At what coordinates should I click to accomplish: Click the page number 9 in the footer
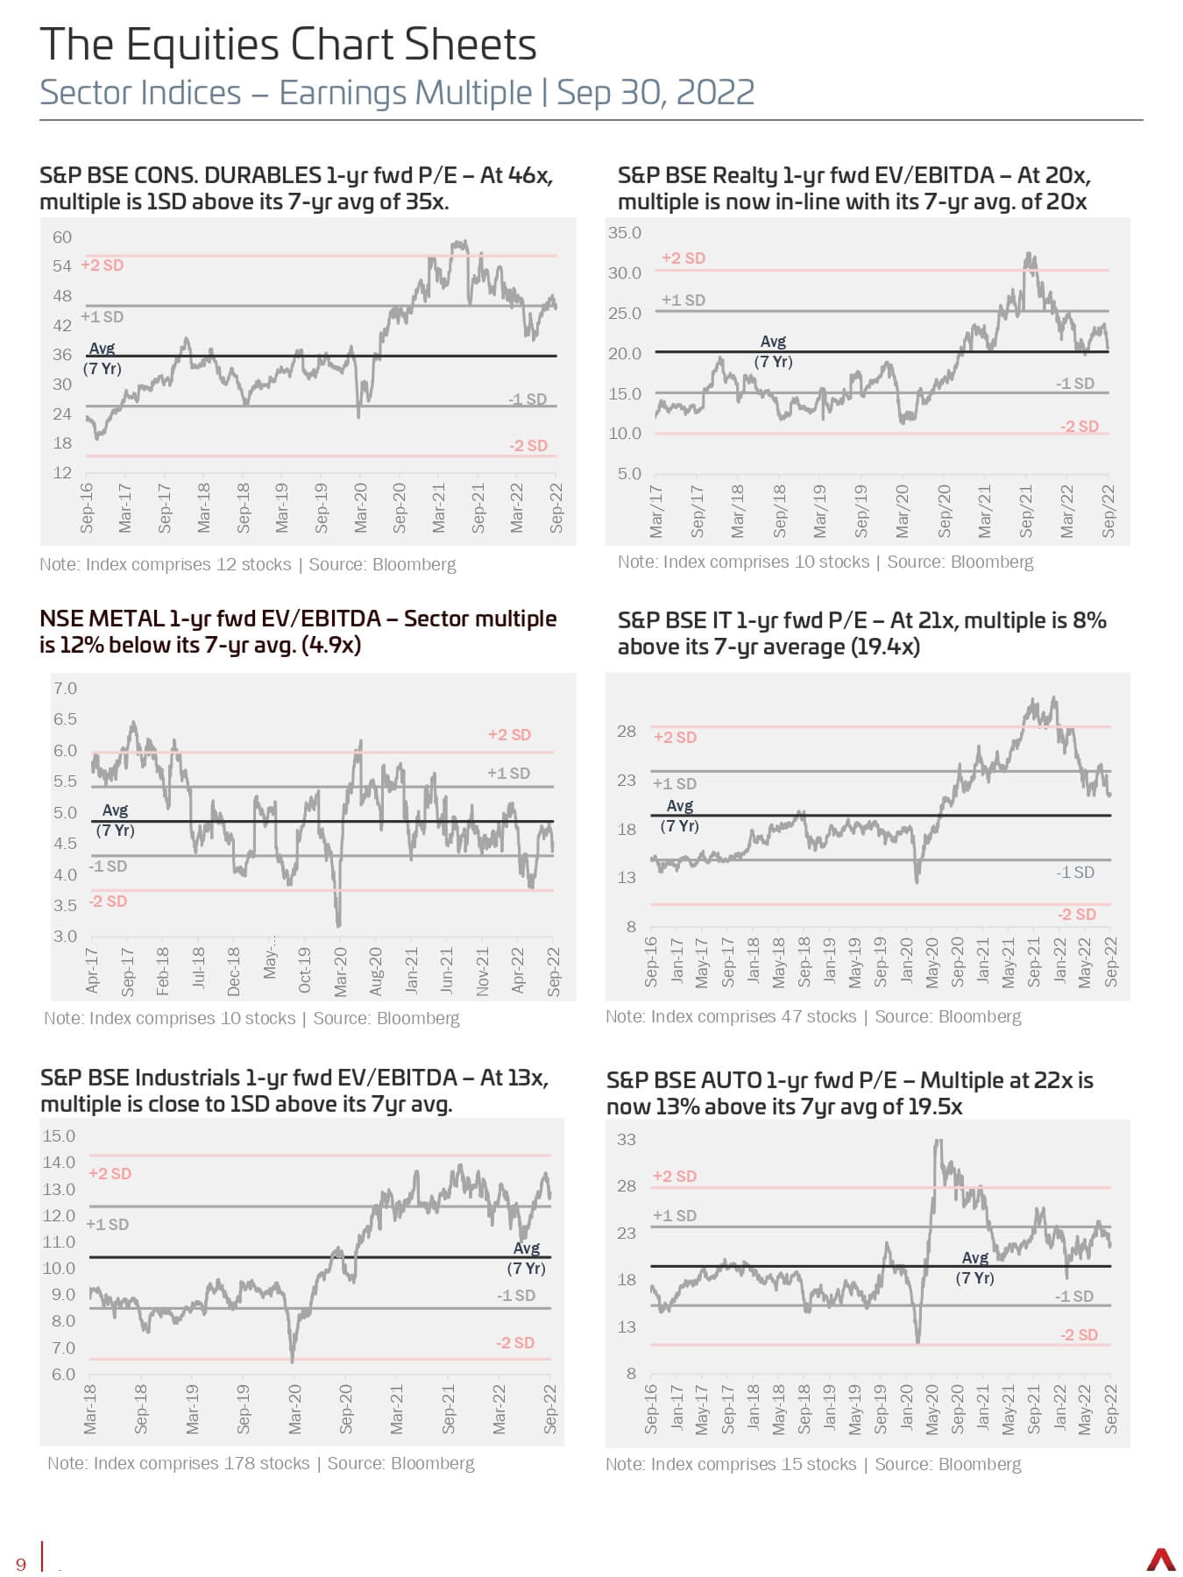(x=21, y=1564)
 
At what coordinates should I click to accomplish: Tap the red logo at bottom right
(x=1161, y=1559)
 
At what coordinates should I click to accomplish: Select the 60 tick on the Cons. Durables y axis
(x=62, y=237)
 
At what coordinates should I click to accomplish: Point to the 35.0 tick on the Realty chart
(x=625, y=232)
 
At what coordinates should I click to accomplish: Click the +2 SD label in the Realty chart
(x=684, y=258)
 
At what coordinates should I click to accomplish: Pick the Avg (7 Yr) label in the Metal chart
(x=115, y=820)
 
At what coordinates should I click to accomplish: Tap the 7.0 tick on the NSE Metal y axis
(x=66, y=688)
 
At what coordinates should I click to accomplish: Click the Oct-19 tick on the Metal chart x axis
(x=305, y=970)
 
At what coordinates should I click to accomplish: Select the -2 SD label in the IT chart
(x=1077, y=914)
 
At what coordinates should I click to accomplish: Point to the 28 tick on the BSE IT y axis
(x=626, y=731)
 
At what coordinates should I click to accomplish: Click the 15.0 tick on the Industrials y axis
(x=59, y=1135)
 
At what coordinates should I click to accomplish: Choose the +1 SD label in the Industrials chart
(x=107, y=1224)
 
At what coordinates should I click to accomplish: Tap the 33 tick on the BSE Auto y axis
(x=627, y=1139)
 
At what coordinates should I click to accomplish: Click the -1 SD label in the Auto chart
(x=1074, y=1296)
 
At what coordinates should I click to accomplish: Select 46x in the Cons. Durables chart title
(x=530, y=175)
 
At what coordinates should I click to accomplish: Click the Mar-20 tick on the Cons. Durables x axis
(x=360, y=507)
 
